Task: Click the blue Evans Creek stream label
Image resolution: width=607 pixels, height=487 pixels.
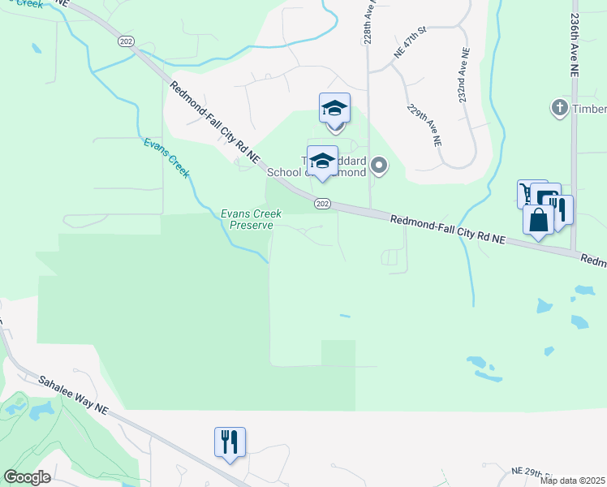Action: (167, 157)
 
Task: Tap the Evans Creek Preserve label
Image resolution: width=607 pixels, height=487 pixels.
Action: (252, 219)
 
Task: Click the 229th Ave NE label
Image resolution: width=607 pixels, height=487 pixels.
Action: (424, 124)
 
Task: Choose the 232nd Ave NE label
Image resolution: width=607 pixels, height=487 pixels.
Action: (463, 75)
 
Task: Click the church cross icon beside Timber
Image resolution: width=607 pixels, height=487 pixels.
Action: (558, 108)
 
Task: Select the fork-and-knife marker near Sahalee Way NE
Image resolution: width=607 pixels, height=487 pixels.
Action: (230, 442)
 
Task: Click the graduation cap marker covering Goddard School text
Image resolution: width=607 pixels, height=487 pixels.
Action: (322, 161)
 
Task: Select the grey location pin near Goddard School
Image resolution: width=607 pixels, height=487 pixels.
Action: (378, 167)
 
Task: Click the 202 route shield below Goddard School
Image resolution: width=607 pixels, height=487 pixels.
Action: (323, 204)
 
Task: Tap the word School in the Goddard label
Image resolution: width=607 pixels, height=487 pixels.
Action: (285, 172)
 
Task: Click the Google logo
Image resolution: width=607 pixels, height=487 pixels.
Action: (27, 477)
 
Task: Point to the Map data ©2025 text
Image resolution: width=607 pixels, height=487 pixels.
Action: (572, 481)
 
